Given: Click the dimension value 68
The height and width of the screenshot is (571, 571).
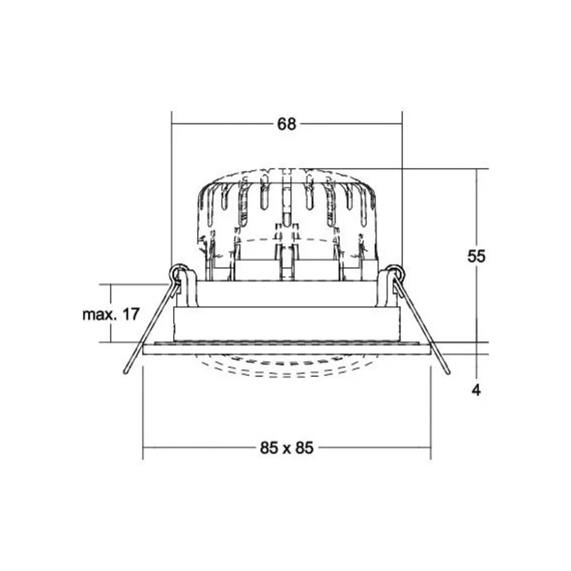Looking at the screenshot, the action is pos(287,124).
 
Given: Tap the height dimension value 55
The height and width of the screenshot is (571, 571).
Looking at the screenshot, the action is pos(476,257).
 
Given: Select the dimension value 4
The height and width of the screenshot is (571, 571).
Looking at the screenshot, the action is pos(476,390).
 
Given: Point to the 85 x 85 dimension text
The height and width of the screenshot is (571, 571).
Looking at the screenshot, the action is pos(287,448).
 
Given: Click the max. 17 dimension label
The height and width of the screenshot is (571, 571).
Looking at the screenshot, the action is pos(111,314).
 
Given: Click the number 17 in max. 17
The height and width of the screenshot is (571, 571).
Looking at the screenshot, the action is pos(131,314).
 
